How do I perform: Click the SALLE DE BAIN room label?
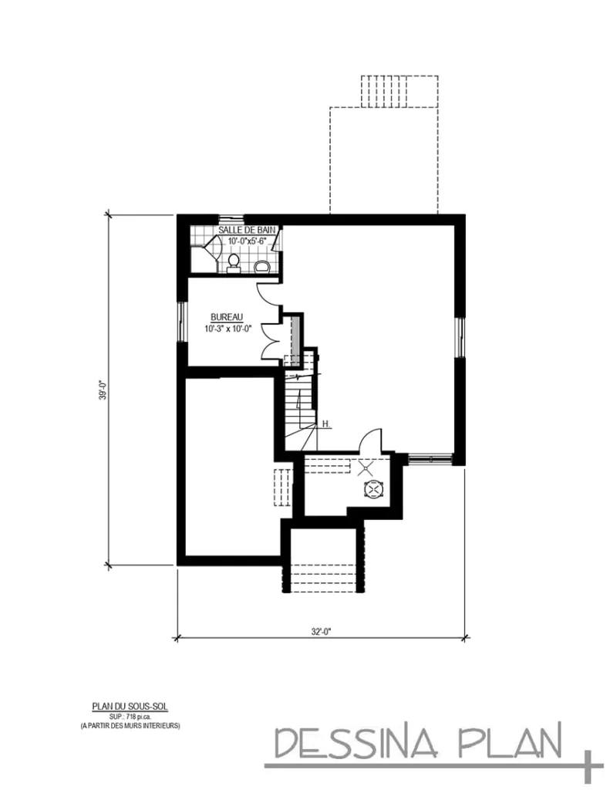tap(241, 230)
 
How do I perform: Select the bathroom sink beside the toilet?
tap(261, 267)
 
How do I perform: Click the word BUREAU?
tap(227, 317)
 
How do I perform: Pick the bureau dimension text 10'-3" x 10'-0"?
tap(227, 328)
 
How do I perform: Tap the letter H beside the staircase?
tap(325, 424)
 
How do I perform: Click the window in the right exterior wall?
tap(460, 338)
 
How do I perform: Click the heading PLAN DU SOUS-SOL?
tap(130, 706)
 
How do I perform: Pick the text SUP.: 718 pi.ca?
tap(130, 716)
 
